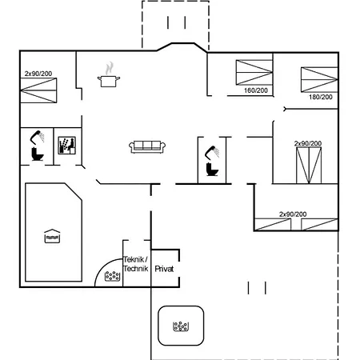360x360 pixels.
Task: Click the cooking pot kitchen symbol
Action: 109,82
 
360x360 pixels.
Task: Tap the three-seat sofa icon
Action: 147,147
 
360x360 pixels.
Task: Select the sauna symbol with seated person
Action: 67,146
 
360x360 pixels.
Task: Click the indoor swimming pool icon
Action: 52,236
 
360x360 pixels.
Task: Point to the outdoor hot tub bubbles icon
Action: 181,326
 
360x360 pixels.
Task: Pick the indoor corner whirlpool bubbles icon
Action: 112,276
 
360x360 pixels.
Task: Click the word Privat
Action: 164,269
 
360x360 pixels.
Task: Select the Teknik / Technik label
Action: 136,264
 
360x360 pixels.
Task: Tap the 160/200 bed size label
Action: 256,90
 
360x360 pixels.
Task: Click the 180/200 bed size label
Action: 321,97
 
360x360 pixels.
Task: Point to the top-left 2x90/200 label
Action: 38,74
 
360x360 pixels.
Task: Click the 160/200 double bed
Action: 254,72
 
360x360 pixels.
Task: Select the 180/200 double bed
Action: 319,79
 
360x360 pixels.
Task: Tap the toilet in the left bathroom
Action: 37,154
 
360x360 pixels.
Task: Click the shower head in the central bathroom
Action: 213,151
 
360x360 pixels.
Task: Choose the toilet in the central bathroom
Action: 212,170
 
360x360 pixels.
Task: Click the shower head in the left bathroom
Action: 38,137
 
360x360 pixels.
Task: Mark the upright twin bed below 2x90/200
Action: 309,166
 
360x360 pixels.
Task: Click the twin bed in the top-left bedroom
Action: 38,90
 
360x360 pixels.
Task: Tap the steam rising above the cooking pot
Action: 110,68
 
